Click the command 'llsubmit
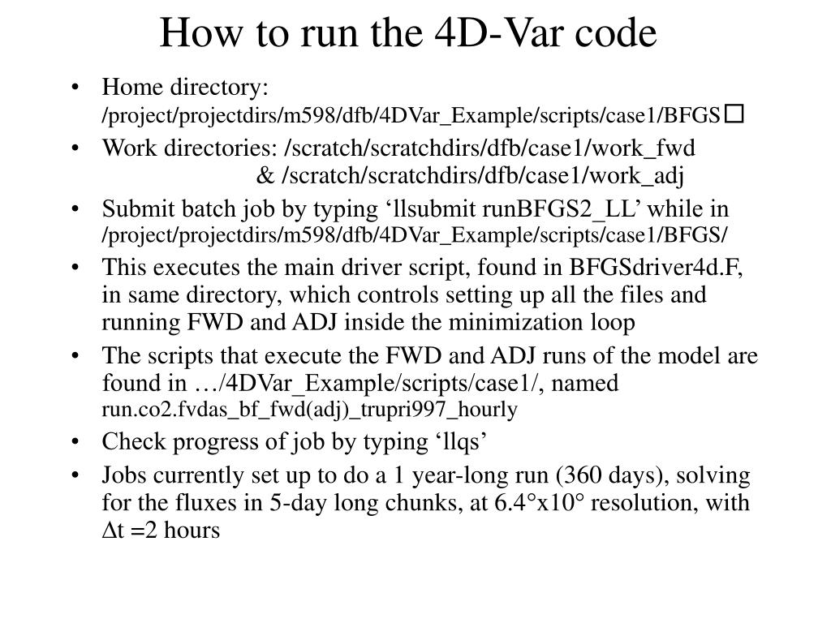point(431,209)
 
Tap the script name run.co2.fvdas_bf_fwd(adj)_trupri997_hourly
point(309,410)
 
